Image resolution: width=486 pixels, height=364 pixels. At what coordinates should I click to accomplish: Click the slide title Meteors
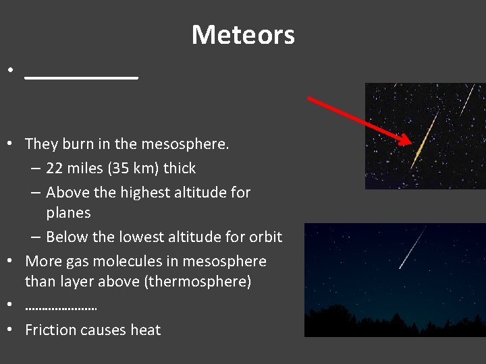tap(243, 34)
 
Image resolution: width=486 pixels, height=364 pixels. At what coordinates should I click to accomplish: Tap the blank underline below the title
tap(81, 78)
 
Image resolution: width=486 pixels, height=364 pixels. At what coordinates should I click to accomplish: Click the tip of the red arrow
tap(409, 144)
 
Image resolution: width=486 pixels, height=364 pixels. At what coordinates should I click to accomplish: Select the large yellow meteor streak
tap(424, 140)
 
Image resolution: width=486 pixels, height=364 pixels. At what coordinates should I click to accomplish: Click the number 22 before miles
tap(55, 169)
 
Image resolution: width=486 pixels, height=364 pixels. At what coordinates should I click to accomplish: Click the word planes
tap(68, 213)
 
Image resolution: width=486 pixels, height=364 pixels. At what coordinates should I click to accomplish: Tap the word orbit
tap(264, 237)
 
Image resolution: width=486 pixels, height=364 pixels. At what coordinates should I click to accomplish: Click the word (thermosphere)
tap(198, 282)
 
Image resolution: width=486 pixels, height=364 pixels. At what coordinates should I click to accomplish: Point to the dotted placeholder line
tap(61, 307)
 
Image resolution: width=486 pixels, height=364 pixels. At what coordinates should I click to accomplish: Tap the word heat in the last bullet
tap(146, 330)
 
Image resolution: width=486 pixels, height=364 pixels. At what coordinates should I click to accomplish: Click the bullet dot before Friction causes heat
tap(10, 330)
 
